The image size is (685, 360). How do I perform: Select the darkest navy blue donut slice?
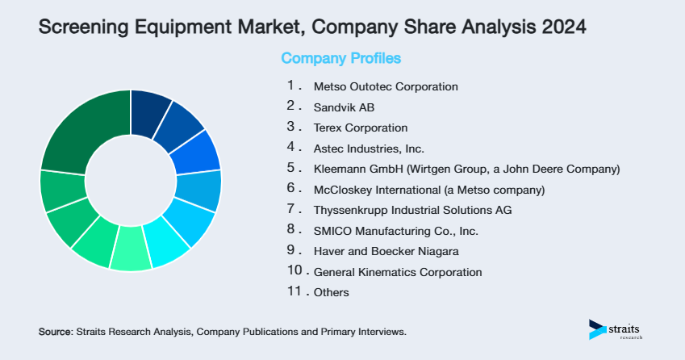pos(150,109)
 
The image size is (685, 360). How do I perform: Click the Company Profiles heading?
pos(340,58)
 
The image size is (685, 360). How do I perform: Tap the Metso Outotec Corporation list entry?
pos(386,86)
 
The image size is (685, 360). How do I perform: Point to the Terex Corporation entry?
pos(361,128)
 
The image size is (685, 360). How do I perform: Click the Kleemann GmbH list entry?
pos(466,170)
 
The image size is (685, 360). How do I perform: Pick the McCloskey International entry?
pos(429,190)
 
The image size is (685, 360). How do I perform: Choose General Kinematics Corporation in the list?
pos(398,273)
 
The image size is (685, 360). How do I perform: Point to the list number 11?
pos(294,292)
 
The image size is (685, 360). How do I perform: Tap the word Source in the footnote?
pos(55,332)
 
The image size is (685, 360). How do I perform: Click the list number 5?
pos(291,169)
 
